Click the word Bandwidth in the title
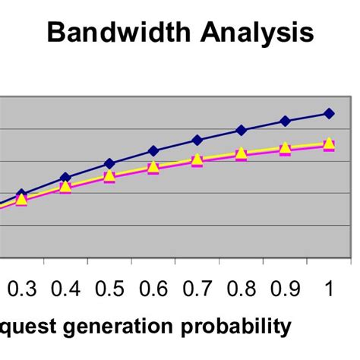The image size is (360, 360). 121,33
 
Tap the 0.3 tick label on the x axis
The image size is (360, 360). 22,290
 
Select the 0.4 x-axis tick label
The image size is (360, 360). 65,290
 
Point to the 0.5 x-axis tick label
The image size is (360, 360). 109,290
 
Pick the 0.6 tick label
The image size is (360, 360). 153,290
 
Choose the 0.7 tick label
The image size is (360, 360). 197,290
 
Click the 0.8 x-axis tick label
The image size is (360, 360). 242,290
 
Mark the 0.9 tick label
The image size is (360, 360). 286,290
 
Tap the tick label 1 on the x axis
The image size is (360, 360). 329,290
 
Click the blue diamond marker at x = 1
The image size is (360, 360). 329,113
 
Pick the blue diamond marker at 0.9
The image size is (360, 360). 286,121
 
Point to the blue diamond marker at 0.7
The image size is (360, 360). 197,140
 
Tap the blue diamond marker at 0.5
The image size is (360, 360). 109,163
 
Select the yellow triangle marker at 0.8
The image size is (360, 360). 242,153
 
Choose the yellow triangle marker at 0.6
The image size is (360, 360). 153,166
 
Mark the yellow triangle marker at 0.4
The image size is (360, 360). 65,186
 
